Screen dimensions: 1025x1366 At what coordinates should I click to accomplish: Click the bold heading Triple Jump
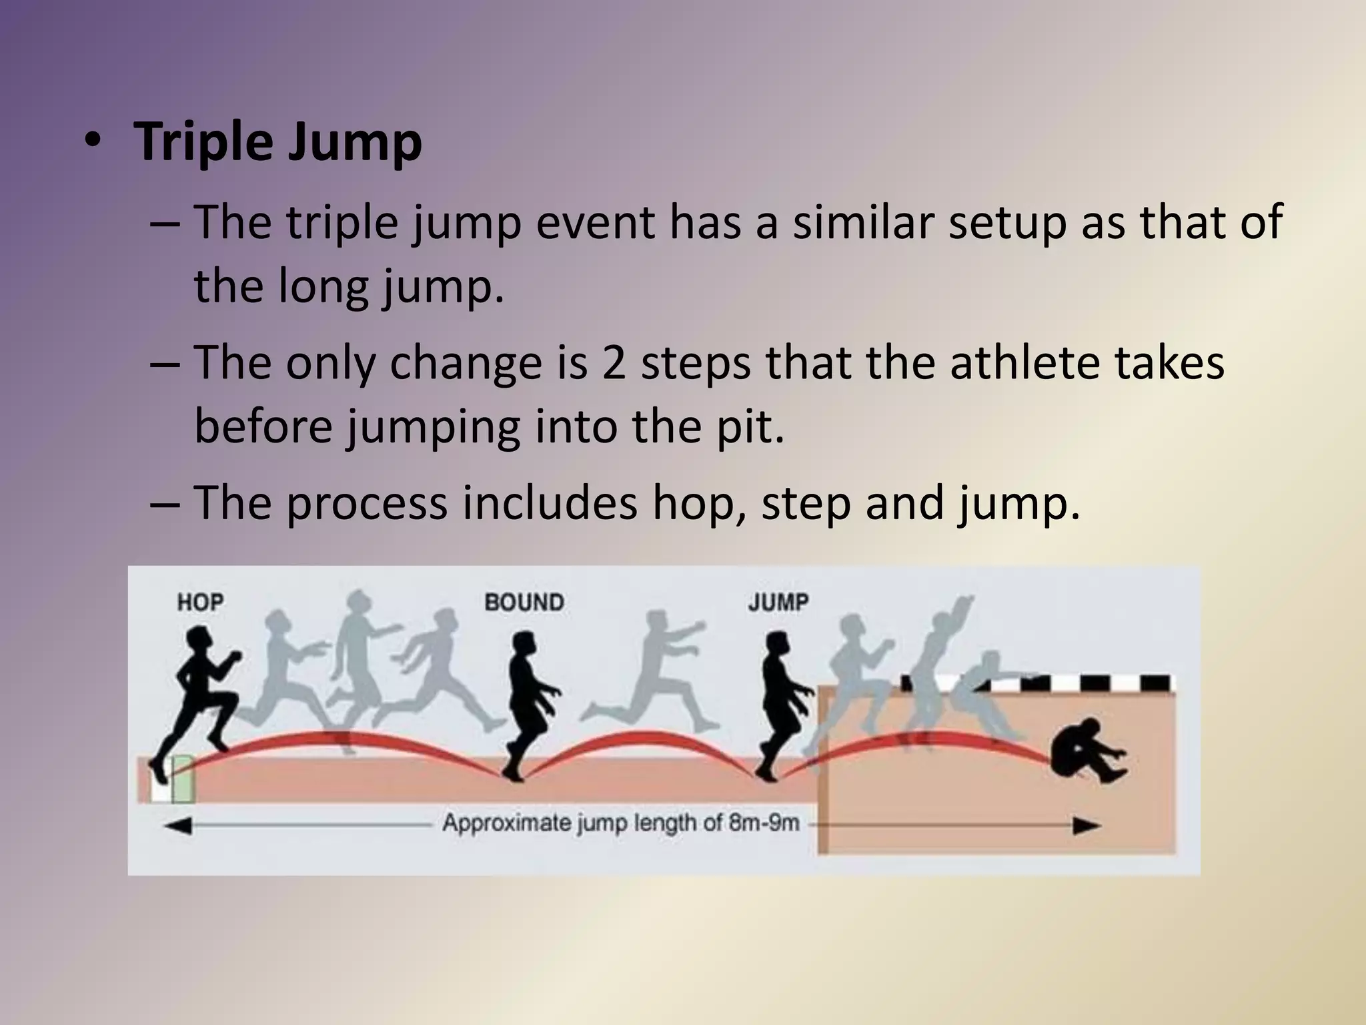(277, 142)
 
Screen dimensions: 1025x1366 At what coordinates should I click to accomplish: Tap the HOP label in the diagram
(200, 603)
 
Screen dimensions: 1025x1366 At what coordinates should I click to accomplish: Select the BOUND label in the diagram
(524, 603)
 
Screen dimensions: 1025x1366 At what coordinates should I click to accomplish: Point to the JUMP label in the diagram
(778, 603)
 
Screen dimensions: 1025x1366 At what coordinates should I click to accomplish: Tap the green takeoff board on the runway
(182, 779)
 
